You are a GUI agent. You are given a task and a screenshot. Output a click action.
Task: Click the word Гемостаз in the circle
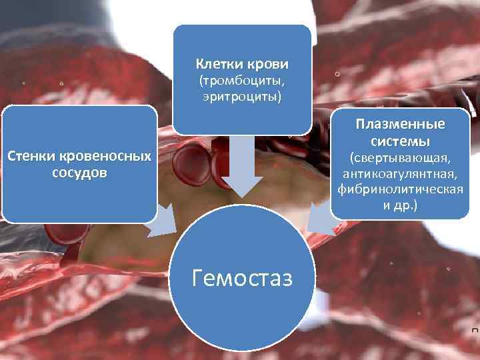click(241, 277)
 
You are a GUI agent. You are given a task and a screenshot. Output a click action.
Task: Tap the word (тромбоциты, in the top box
click(242, 82)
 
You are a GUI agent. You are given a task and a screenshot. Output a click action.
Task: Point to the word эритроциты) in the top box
click(242, 97)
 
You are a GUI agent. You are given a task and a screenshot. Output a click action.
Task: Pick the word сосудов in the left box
click(79, 173)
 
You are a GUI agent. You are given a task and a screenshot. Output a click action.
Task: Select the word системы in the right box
click(401, 141)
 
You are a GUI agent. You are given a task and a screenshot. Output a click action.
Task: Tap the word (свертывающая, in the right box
click(401, 159)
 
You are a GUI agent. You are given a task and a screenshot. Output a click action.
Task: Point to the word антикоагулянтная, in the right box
click(401, 174)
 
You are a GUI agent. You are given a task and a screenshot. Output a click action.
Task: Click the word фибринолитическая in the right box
click(401, 189)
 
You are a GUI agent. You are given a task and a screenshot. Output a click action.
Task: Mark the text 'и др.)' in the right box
click(401, 205)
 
